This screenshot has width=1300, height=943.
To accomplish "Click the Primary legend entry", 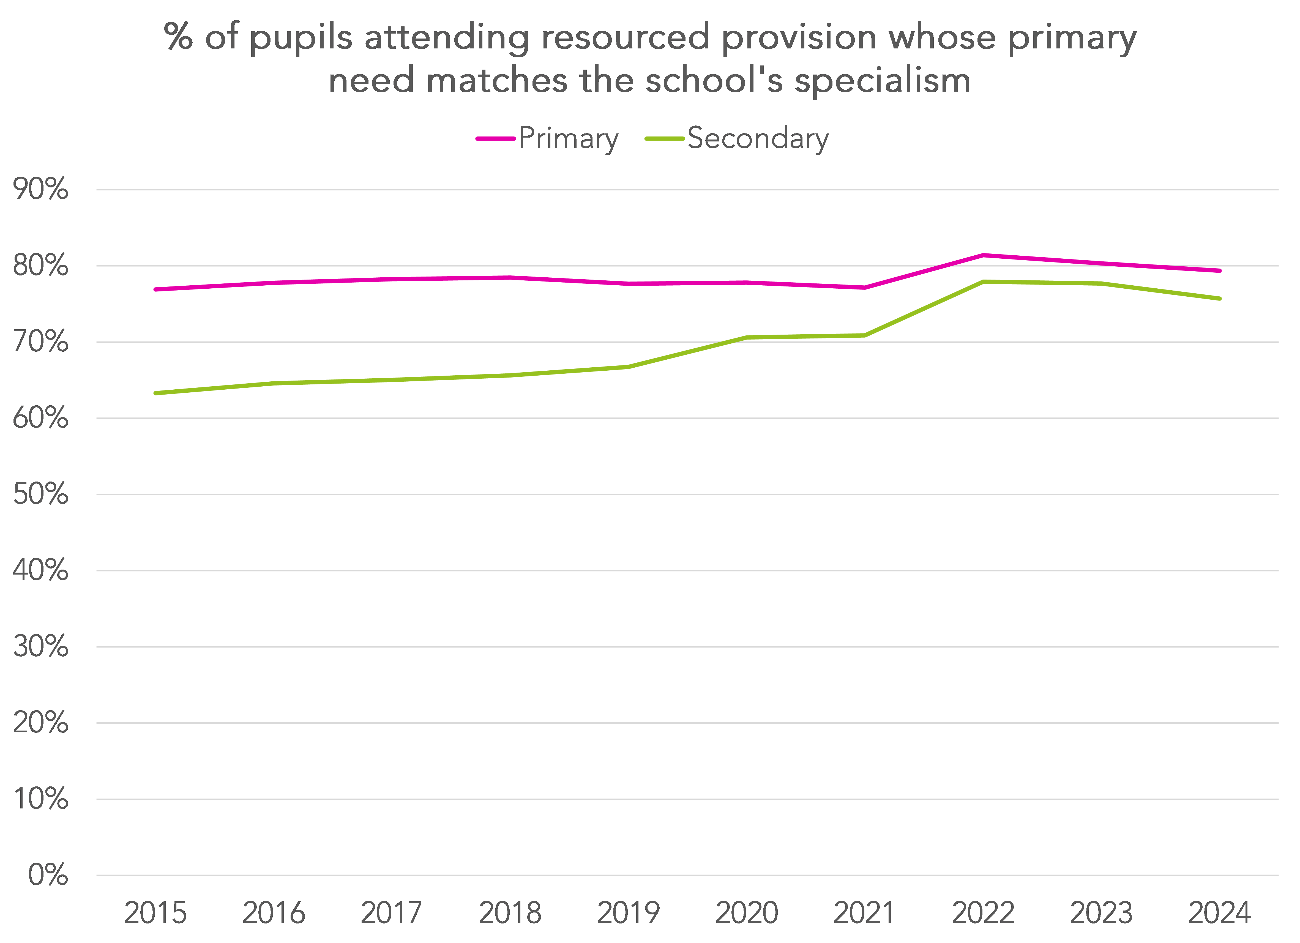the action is [547, 139].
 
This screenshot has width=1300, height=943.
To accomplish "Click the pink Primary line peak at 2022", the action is [983, 255].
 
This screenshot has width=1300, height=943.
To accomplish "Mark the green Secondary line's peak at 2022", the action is [983, 281].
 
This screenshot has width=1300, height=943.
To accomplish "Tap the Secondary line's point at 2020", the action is [747, 338].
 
